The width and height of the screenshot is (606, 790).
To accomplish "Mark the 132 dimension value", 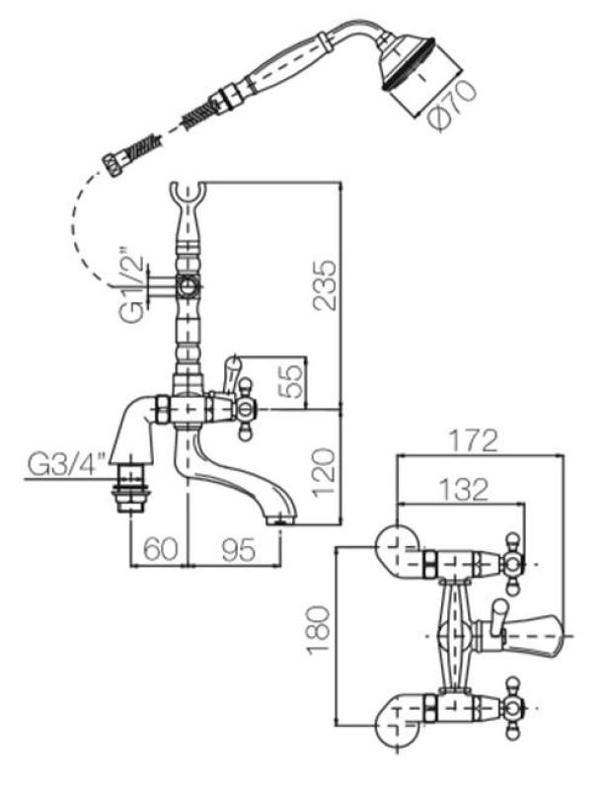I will tap(458, 488).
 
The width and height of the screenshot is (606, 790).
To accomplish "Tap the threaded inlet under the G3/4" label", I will tap(129, 490).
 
